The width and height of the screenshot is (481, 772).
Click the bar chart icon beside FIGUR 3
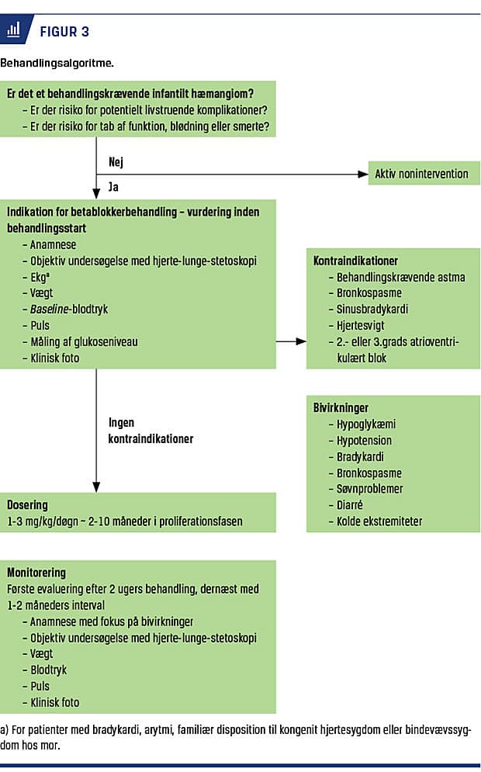coord(13,30)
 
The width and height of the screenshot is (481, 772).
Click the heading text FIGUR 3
coord(64,32)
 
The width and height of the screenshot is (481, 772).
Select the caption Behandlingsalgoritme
coord(57,63)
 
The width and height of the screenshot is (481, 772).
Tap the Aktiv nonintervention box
coord(424,173)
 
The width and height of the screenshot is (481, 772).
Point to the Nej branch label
coord(116,161)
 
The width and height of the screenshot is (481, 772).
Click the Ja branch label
coord(113,187)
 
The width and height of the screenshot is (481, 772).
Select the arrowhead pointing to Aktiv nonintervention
coord(363,174)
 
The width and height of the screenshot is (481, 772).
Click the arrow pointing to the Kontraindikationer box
coord(291,341)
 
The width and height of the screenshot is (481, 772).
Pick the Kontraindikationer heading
coord(355,261)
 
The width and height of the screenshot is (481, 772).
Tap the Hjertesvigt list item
coord(360,325)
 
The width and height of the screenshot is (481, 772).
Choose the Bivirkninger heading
coord(341,407)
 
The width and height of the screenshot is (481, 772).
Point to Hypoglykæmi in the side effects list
coord(366,424)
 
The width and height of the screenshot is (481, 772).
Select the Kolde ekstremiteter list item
coord(379,521)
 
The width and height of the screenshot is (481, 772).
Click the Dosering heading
coord(28,505)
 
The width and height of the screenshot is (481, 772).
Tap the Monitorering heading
coord(36,573)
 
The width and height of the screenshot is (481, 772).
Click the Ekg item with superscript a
coord(40,277)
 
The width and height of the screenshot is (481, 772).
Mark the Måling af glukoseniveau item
coord(85,341)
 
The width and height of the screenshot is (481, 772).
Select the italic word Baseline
coord(49,310)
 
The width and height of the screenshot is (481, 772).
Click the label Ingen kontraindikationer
coord(151,431)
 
